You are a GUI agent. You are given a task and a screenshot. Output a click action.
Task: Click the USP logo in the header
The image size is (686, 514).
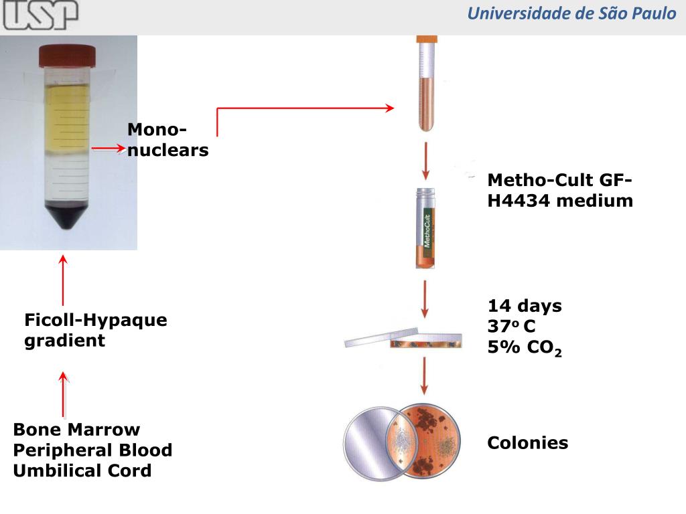pos(40,15)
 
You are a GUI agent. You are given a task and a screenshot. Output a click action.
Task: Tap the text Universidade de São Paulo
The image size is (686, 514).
pos(571,13)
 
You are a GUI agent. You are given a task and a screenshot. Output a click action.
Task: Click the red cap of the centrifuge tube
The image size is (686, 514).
pos(67,55)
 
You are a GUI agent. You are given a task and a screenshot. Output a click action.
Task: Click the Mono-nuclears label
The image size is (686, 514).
pos(167,140)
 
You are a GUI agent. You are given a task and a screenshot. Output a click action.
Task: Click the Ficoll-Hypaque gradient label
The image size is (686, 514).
pos(95,330)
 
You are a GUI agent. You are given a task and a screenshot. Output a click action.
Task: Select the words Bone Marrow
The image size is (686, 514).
pos(76,429)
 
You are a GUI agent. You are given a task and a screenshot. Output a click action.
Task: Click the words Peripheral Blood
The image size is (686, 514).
pos(92,450)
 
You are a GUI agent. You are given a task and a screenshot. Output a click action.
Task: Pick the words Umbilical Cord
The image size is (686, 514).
pos(82,470)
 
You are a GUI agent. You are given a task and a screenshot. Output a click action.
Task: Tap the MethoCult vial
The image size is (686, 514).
pos(425,229)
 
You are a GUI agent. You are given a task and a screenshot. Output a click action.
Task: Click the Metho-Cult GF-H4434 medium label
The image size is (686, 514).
pos(560,190)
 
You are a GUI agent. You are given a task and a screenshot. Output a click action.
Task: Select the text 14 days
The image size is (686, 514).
pos(525,306)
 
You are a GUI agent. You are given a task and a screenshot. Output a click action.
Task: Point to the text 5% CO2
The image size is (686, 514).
pos(525,348)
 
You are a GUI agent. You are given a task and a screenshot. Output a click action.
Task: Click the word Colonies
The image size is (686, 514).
pos(527,442)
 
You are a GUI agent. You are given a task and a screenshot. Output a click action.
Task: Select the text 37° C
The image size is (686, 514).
pos(512,327)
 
